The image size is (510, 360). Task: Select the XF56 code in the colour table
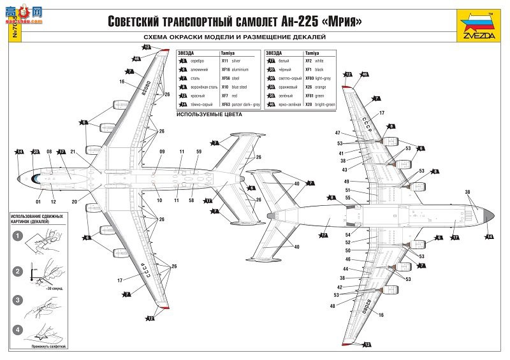point(225,78)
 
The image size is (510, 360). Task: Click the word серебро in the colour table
point(197,60)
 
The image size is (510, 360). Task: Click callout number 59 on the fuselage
point(199,152)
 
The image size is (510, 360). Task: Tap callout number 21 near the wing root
point(73,152)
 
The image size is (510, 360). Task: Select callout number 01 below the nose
point(38,201)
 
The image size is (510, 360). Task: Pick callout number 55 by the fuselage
point(347,198)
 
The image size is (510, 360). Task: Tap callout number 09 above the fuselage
point(162,152)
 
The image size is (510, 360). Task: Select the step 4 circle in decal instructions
point(18,329)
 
